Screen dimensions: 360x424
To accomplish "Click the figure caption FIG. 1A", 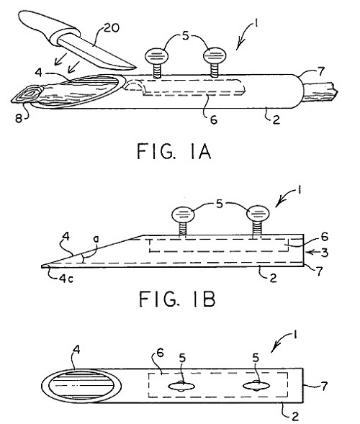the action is tap(174, 151).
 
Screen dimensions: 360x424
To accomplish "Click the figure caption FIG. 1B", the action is tap(177, 299).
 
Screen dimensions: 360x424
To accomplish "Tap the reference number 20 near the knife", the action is tap(111, 28).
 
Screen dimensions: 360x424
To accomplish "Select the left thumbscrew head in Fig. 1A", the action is tap(157, 56).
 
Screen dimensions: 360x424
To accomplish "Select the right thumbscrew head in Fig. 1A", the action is tap(215, 56).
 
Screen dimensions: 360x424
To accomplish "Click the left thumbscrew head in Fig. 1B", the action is tap(183, 215).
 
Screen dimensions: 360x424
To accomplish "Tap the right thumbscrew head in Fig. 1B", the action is tap(258, 214).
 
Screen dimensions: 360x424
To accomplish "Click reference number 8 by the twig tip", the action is tap(19, 119).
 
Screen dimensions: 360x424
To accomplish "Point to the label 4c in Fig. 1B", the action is tap(66, 279).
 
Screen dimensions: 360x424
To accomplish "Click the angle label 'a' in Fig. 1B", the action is tap(96, 240).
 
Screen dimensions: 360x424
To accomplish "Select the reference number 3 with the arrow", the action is tap(324, 253).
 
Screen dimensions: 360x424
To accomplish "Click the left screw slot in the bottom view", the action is tap(181, 386).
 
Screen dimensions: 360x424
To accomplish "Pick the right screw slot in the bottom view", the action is tap(256, 386).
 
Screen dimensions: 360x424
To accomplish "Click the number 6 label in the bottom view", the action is tap(160, 353).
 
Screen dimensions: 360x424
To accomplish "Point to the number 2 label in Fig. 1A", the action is tap(276, 119).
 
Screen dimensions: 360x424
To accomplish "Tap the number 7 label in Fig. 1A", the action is tap(321, 71).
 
